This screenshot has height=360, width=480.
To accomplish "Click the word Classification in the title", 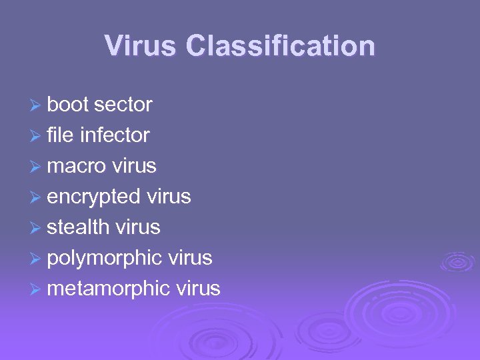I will coord(281,46).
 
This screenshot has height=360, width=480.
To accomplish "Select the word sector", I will coord(123,105).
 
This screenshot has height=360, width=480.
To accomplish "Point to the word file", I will coord(60,135).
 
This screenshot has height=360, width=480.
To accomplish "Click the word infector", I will coord(115,135).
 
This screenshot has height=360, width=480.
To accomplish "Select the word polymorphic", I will coord(105,258).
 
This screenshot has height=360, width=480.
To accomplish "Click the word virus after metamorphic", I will coord(198,289).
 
